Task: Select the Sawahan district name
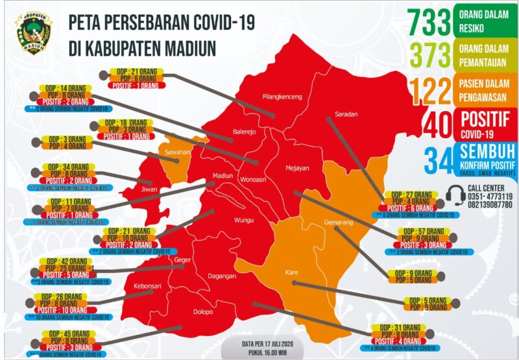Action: (x=176, y=152)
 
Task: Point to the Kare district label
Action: (x=291, y=272)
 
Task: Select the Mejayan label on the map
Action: (x=299, y=168)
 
